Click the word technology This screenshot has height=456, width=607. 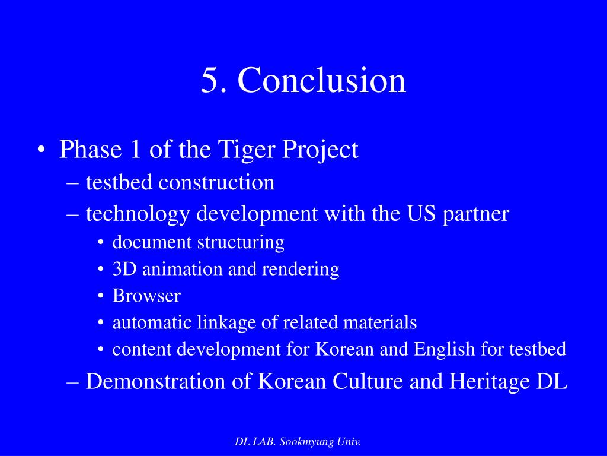pos(139,214)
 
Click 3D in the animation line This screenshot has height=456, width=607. pos(122,269)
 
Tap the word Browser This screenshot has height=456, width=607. pos(146,296)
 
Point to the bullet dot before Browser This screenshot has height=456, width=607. pos(101,296)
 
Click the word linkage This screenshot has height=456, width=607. pos(229,323)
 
